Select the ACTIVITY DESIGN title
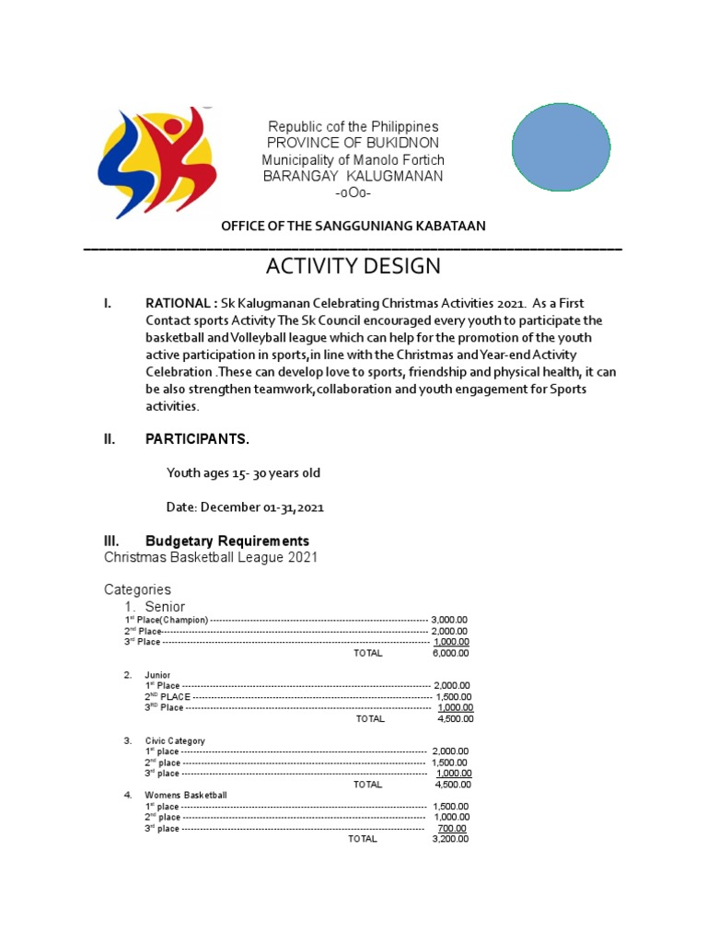point(353,267)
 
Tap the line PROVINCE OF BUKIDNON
point(353,143)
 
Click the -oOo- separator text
point(353,192)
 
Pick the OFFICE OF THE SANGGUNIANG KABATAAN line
point(353,226)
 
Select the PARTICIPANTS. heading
point(197,439)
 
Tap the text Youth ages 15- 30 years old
point(243,473)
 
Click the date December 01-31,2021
point(245,507)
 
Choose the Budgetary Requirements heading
point(227,541)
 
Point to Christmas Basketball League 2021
point(211,558)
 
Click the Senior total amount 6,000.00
point(450,653)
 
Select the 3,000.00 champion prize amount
point(449,620)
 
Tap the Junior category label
point(157,675)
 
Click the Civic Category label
point(175,740)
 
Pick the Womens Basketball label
point(186,795)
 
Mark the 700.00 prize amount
point(453,828)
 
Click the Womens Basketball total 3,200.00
point(450,839)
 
